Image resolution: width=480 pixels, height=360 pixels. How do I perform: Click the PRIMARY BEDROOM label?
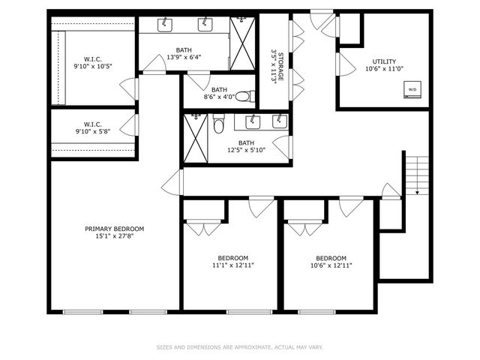pyautogui.click(x=114, y=229)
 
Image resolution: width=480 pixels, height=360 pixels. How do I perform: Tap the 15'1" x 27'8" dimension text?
pyautogui.click(x=114, y=236)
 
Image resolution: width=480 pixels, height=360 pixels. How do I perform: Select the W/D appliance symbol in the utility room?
pyautogui.click(x=412, y=90)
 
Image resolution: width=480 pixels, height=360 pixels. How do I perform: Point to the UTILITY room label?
pyautogui.click(x=384, y=61)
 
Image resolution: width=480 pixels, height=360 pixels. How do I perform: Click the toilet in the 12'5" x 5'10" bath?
pyautogui.click(x=219, y=124)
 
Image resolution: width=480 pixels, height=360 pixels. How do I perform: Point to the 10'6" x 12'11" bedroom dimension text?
pyautogui.click(x=331, y=265)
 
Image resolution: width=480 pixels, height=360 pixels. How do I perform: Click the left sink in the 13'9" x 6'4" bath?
pyautogui.click(x=166, y=25)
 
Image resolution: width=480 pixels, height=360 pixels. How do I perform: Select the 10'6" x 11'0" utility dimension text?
pyautogui.click(x=384, y=69)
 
